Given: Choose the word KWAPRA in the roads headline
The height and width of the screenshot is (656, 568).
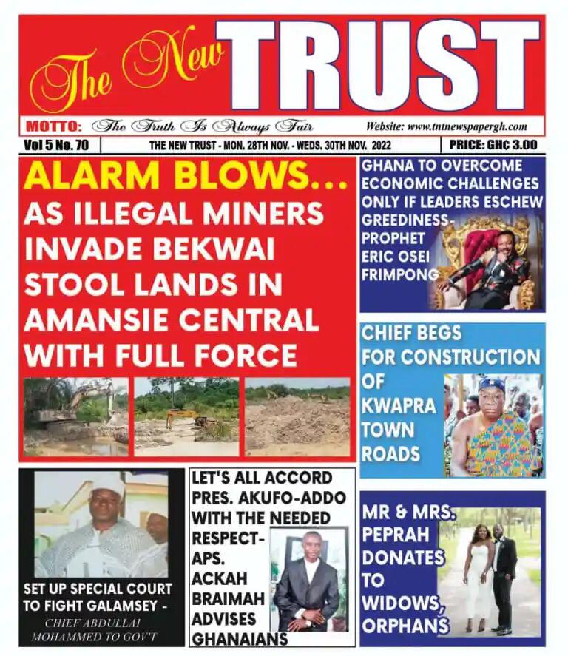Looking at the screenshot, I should click(388, 406).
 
